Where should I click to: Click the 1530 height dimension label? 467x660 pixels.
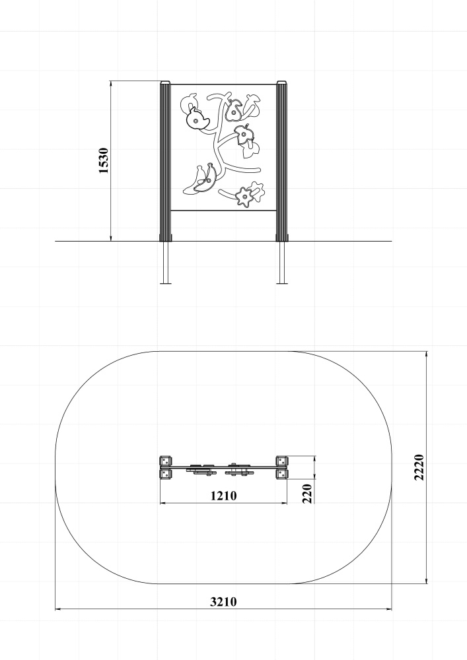pyautogui.click(x=104, y=160)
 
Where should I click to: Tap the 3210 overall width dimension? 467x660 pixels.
pyautogui.click(x=224, y=602)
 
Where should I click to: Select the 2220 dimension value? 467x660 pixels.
pyautogui.click(x=419, y=467)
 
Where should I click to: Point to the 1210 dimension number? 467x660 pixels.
pyautogui.click(x=224, y=496)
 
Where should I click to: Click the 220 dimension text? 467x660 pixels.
pyautogui.click(x=307, y=493)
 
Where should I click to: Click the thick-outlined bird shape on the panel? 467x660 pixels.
pyautogui.click(x=197, y=119)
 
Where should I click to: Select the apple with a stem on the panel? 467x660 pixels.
pyautogui.click(x=244, y=134)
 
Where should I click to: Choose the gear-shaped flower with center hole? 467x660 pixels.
pyautogui.click(x=243, y=197)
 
